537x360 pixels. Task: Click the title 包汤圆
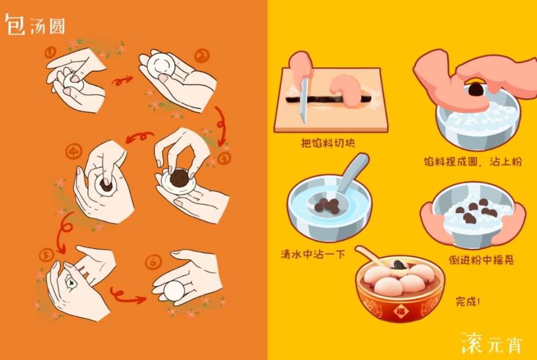point(35,25)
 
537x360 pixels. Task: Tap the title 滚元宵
point(492,343)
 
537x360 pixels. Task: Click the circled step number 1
point(50,52)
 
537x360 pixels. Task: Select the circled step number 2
point(201,56)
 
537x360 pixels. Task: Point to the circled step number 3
point(224,158)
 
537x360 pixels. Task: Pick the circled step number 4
point(74,151)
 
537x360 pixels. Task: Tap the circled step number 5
point(47,255)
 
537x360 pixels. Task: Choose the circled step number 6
point(153,262)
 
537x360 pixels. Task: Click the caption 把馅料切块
point(327,143)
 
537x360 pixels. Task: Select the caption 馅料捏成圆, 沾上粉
point(473,161)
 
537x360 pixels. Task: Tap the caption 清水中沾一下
point(313,254)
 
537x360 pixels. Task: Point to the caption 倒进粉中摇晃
point(481,260)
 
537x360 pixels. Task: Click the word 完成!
point(468,301)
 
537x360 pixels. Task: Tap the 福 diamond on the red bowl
point(401,311)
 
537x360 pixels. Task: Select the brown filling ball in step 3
point(180,178)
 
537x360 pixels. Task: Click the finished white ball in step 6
point(174,291)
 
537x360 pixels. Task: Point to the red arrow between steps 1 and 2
point(122,81)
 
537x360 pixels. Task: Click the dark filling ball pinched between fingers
point(475,90)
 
